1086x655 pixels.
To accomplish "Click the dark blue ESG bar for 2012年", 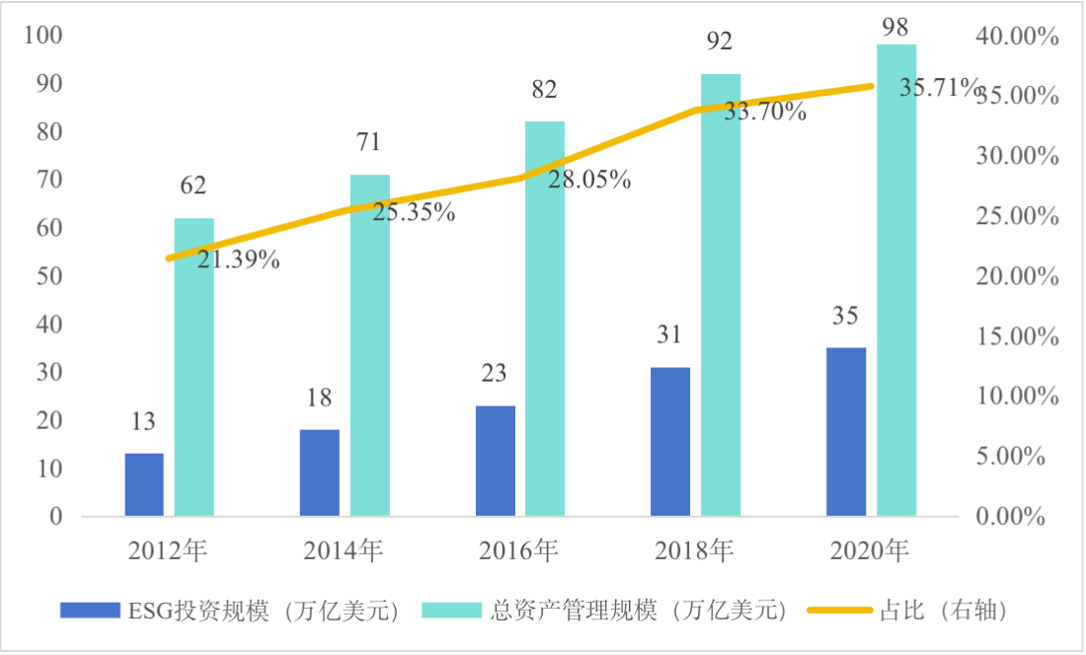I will (144, 484).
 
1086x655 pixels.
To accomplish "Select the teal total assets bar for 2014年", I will (369, 345).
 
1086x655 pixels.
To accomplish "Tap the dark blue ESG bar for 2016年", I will (495, 461).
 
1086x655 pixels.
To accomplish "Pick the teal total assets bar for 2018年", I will (720, 295).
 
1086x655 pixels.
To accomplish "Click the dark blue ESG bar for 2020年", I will (845, 431).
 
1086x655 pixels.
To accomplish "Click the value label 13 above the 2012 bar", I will (143, 422).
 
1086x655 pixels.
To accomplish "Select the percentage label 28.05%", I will (588, 181).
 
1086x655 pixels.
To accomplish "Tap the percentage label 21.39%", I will (237, 260).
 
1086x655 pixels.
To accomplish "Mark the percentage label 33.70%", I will (765, 111).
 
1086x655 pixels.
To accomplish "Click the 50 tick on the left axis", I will (49, 277).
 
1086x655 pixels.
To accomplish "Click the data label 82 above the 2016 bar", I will (544, 90).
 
